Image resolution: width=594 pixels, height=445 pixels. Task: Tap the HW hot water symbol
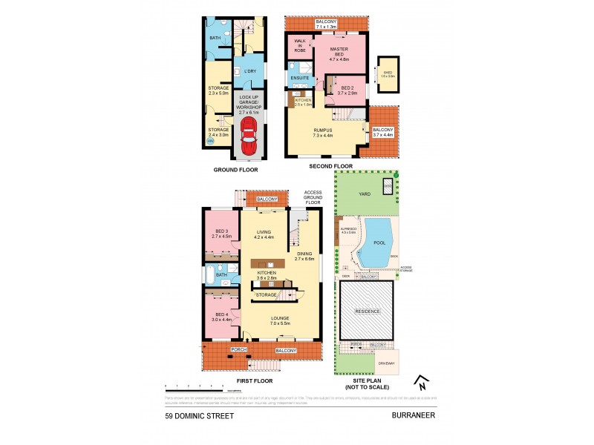[x=210, y=140]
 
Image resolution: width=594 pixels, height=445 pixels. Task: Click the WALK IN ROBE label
[x=300, y=44]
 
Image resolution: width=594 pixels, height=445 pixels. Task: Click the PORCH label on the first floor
[x=238, y=350]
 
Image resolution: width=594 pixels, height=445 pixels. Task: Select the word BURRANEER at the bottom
[x=414, y=417]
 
